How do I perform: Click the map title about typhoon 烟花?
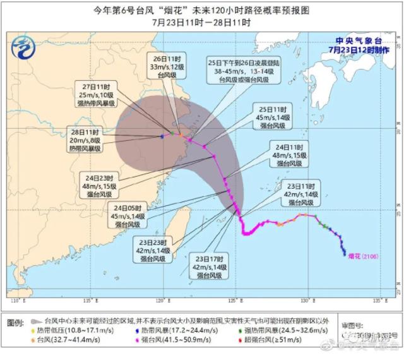coord(201,9)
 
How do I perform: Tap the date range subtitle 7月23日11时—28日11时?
coord(201,21)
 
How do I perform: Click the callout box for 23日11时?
coord(299,195)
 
